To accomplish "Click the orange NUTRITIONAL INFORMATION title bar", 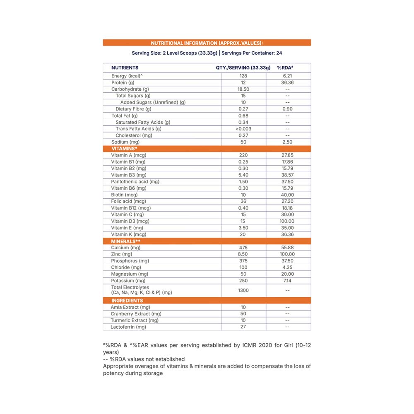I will [207, 43].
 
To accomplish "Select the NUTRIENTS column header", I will [125, 67].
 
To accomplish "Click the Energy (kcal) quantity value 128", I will [243, 76].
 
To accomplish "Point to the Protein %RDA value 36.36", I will [287, 83].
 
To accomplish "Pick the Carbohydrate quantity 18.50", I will [243, 89].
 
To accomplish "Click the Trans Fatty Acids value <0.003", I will [243, 129].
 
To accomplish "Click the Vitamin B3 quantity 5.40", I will [243, 175].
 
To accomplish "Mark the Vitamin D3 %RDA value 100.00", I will [287, 221].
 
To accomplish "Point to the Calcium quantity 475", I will [243, 248].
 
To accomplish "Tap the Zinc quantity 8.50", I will [243, 254].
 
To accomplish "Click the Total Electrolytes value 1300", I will [243, 290].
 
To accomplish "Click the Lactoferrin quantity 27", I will [243, 327].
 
